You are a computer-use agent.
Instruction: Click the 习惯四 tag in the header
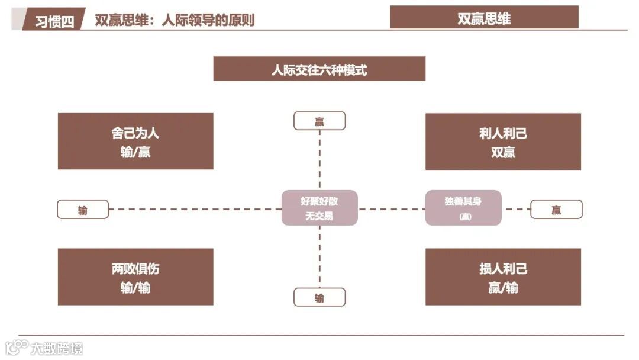[54, 20]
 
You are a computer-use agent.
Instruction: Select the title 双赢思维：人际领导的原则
[175, 20]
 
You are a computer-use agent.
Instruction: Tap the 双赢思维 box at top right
[483, 17]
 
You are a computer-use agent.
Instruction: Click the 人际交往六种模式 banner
[319, 69]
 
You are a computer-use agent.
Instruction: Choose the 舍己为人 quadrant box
[135, 142]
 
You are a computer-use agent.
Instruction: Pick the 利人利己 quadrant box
[503, 142]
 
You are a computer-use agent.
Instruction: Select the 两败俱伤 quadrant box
[135, 277]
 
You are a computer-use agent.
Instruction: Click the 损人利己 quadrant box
[503, 277]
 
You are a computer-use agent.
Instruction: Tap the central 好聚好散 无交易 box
[319, 208]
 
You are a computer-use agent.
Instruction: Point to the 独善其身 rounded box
[463, 208]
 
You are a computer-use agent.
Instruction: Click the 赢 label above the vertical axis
[319, 121]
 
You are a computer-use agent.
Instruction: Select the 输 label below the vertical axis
[319, 297]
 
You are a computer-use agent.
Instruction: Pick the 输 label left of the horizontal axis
[83, 210]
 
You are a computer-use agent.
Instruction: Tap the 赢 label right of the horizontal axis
[556, 210]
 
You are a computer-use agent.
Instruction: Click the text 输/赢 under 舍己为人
[135, 152]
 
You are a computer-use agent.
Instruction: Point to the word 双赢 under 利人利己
[503, 152]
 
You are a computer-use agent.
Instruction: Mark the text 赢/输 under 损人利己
[503, 288]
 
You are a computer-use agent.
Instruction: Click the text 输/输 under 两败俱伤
[135, 288]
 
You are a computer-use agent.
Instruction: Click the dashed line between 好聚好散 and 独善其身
[392, 209]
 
